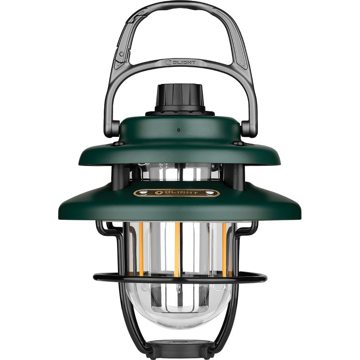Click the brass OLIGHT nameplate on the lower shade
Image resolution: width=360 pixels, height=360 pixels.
coord(177,193)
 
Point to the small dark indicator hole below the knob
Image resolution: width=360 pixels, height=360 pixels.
coord(179,130)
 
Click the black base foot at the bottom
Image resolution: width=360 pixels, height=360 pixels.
coord(180,348)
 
